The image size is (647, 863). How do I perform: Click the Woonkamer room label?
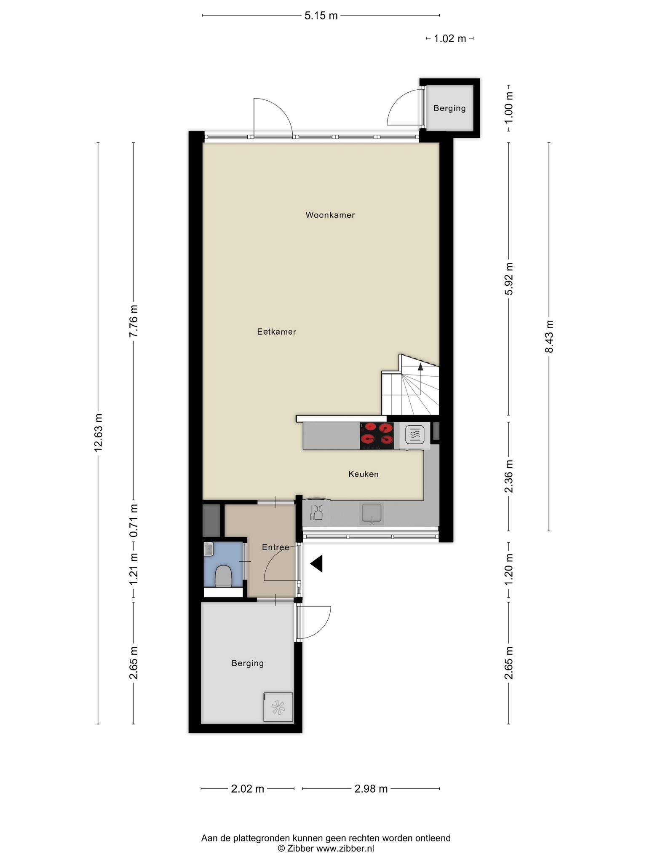pos(330,215)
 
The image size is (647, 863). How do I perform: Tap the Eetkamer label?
pos(276,332)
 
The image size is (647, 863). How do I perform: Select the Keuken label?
pos(363,474)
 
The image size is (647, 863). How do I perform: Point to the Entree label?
pos(275,547)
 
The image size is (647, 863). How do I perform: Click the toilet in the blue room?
pos(223,576)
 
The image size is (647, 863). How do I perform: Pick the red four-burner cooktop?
pos(377,436)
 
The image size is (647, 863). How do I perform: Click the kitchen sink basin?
pos(371,513)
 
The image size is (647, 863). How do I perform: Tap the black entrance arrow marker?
pos(316,563)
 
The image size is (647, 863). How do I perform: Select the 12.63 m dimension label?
pos(98,432)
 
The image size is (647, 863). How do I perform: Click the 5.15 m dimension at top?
pos(321,16)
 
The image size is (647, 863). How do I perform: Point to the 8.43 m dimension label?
pos(549,337)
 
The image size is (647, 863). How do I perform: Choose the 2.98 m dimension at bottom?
pos(371,788)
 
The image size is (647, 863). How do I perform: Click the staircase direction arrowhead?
pos(420,366)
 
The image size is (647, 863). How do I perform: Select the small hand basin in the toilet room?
pos(209,549)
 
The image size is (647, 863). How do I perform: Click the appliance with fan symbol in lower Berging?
pos(278,707)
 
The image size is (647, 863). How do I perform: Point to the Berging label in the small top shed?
pos(449,108)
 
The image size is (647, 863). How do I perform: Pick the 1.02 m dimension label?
pos(450,39)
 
